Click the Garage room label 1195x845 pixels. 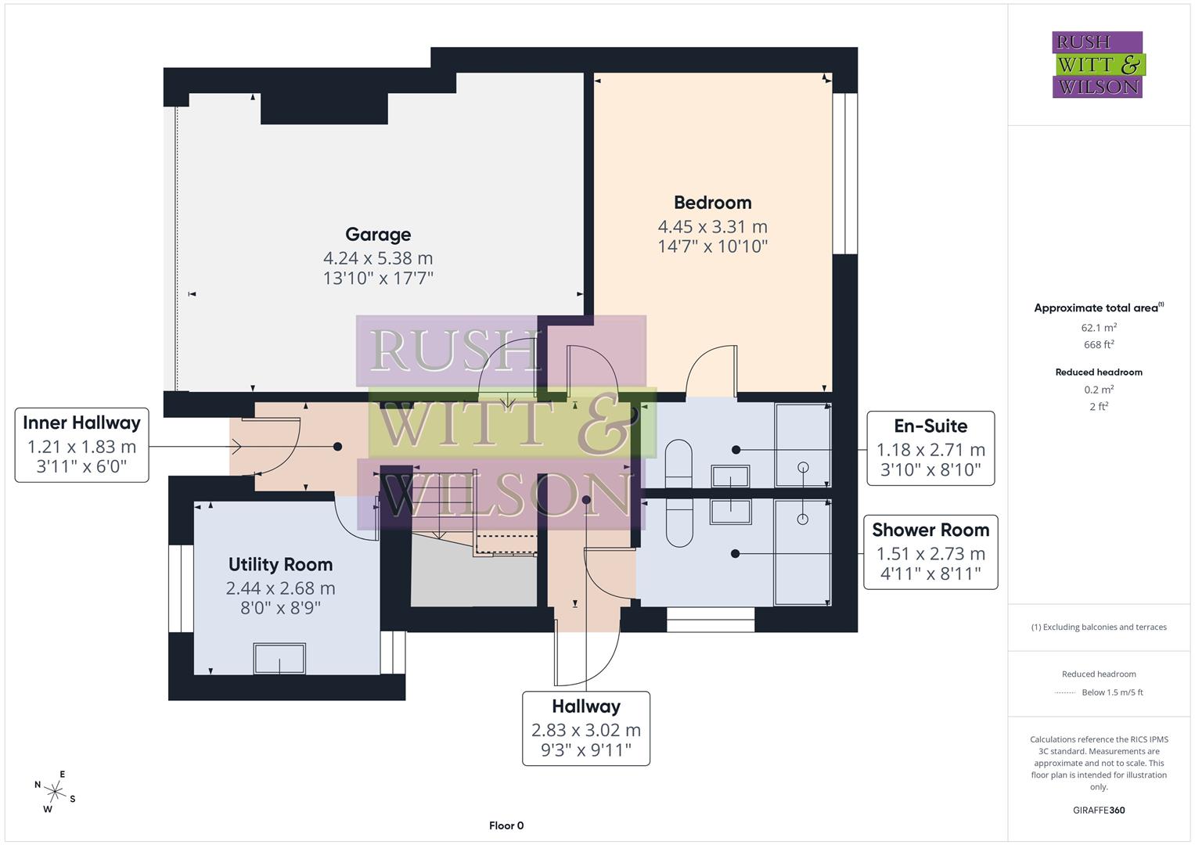378,235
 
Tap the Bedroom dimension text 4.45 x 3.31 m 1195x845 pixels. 712,227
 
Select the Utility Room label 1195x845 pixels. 280,565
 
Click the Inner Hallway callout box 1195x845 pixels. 81,445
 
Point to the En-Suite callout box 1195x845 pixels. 930,448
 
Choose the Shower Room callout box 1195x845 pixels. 930,552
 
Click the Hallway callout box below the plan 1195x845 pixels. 585,728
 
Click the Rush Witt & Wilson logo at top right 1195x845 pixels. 1097,65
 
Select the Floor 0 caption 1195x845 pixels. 506,825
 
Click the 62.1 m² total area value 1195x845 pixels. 1099,328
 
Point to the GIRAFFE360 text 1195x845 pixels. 1099,810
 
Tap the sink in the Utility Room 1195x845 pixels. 279,658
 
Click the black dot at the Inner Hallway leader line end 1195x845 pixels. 337,447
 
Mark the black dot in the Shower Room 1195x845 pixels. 735,554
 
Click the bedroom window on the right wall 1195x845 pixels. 844,174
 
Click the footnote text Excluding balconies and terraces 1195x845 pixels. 1099,627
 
